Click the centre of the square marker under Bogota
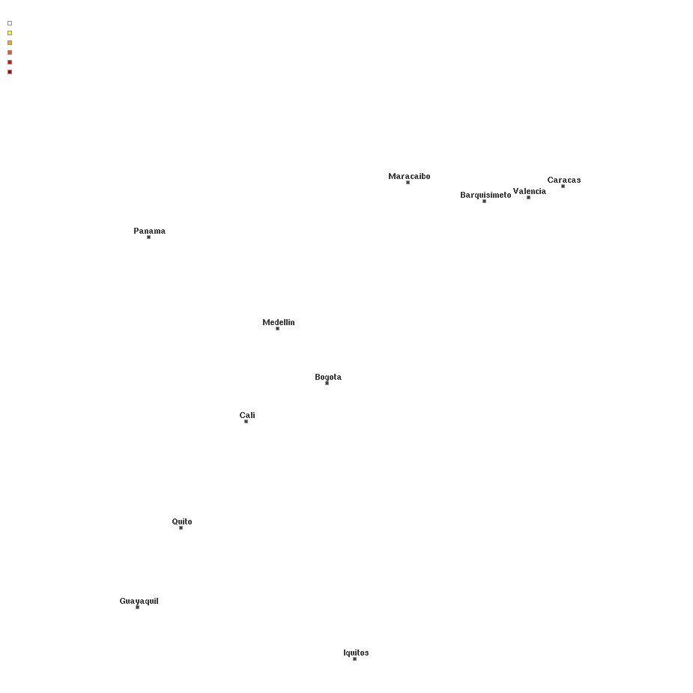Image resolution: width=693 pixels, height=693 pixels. (x=327, y=383)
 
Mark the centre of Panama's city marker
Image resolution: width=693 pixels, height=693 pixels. (x=148, y=237)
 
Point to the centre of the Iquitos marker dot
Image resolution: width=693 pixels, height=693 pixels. (x=354, y=659)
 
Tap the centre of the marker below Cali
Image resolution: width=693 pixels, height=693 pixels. (x=246, y=421)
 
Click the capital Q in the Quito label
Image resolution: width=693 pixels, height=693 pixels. (x=175, y=521)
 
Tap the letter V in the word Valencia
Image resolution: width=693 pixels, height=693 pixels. (x=515, y=191)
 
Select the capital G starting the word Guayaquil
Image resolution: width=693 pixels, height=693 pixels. (x=122, y=601)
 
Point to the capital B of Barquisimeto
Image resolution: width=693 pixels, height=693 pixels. (x=463, y=195)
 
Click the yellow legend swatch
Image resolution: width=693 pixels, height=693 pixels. (x=10, y=33)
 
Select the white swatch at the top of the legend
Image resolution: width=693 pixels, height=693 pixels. (x=10, y=23)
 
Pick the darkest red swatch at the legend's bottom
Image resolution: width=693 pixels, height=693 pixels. (x=10, y=72)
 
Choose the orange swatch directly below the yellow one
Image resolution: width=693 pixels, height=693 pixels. (x=10, y=43)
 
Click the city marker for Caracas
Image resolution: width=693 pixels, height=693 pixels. (x=563, y=186)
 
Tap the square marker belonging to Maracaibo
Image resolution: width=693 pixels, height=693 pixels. (x=408, y=183)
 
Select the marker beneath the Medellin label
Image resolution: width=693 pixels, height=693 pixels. (x=277, y=328)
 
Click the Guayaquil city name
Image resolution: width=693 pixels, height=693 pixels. (x=139, y=602)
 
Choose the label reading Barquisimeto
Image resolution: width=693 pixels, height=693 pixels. (x=485, y=196)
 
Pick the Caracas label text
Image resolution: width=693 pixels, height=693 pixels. (x=564, y=180)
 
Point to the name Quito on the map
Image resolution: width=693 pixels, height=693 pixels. (x=182, y=522)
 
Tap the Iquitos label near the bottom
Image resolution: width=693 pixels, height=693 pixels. (x=356, y=653)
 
